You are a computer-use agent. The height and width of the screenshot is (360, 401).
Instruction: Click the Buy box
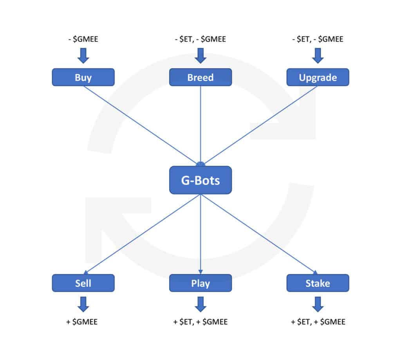83,77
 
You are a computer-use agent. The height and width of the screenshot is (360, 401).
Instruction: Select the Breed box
200,77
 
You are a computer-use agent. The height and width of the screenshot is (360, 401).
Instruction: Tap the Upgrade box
318,77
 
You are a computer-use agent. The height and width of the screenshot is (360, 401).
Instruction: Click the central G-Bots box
200,180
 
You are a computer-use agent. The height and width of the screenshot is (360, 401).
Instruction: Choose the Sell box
83,283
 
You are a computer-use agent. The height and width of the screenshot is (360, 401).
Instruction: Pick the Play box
200,283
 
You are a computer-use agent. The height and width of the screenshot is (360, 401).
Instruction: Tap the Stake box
318,283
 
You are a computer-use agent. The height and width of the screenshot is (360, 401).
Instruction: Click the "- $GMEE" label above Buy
83,39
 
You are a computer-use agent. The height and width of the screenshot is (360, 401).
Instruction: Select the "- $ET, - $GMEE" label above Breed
200,39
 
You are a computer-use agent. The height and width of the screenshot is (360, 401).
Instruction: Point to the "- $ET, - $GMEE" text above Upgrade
318,39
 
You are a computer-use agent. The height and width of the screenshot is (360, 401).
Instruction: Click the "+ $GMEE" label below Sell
82,322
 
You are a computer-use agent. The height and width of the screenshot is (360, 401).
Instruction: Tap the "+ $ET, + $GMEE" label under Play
200,322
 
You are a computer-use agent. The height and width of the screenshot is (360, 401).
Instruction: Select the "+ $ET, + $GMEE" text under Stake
318,322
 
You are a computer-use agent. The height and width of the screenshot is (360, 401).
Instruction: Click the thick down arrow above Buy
83,56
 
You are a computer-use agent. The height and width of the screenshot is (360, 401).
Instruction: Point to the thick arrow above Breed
200,56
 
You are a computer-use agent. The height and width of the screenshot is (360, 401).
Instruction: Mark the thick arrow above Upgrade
318,56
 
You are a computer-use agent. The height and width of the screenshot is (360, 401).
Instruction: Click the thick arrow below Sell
83,304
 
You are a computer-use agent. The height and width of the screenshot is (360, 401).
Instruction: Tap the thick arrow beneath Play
200,304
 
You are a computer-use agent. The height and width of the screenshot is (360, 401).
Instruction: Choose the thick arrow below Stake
318,304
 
